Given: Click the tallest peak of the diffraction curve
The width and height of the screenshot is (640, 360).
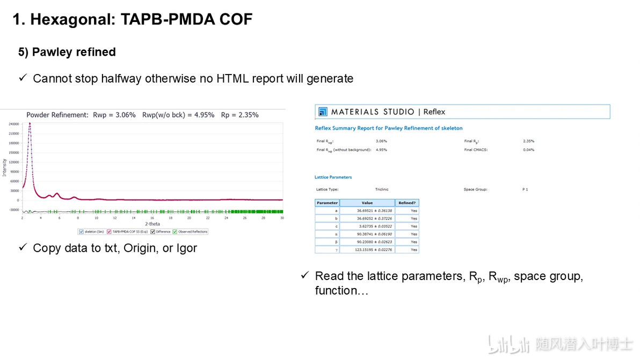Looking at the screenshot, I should point(30,124).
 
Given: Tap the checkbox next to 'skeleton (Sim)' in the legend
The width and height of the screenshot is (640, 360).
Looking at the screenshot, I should point(81,232).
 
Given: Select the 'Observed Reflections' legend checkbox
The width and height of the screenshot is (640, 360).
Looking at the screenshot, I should point(174,232).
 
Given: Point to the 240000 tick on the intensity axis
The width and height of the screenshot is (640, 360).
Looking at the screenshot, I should point(13,124).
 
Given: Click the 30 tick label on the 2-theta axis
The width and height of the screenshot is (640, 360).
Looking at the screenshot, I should point(282,218).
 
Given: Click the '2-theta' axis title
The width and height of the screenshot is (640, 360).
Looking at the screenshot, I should point(152,224).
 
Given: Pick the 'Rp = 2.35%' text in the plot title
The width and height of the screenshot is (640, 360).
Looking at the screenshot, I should point(239,115).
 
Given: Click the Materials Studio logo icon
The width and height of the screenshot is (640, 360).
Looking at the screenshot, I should point(323,112).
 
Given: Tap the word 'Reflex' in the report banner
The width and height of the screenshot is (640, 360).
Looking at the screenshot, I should point(434,112).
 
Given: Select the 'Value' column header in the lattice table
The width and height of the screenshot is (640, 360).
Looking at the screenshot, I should point(367,203).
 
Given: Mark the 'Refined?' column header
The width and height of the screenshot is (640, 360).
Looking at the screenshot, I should point(406,203).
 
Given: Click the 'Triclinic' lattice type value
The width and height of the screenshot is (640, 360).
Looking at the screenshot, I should point(382,189).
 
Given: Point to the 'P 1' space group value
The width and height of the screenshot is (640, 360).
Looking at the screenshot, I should point(525,189).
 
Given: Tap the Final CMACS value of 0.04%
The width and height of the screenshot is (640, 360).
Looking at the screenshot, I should point(528,150).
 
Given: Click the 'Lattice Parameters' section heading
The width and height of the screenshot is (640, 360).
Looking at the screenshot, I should point(333,177).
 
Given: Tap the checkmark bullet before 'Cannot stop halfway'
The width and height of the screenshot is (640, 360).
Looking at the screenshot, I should point(23,78).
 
